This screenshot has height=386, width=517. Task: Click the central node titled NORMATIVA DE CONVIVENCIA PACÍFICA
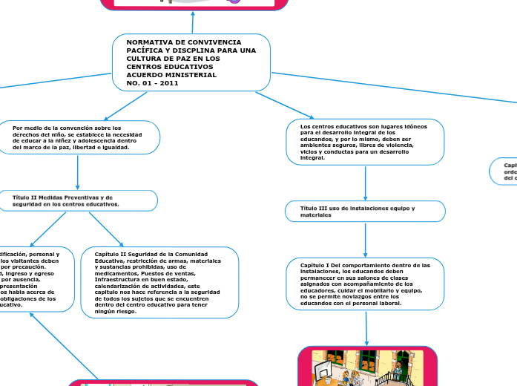191,62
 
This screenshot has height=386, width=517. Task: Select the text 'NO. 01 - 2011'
153,83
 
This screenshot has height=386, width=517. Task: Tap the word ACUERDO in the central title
145,75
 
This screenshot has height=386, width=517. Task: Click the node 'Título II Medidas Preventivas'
77,200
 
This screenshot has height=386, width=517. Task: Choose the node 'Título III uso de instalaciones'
365,212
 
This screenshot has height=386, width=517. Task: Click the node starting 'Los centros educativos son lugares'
364,142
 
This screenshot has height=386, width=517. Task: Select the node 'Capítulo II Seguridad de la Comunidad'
159,283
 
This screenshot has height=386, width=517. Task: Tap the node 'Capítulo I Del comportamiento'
364,284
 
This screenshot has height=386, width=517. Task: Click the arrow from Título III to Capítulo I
365,240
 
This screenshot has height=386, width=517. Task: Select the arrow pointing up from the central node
192,22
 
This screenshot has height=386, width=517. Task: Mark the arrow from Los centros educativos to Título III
365,183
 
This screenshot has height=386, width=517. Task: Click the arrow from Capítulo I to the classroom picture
366,327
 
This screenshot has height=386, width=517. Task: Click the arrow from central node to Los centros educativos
281,104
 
